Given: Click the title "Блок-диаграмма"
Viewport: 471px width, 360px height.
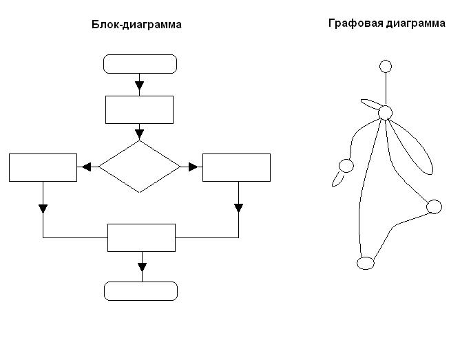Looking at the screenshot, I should click(136, 25).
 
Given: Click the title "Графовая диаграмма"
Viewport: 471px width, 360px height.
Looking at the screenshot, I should click(386, 23).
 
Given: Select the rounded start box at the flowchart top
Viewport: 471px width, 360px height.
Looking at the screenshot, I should click(140, 64).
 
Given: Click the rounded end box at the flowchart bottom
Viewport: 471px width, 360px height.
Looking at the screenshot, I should click(140, 290).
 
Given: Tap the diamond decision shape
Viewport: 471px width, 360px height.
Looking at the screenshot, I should click(139, 167).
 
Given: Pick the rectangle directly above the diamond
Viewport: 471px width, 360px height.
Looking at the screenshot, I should click(139, 109).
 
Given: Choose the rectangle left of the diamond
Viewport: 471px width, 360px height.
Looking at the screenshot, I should click(43, 167).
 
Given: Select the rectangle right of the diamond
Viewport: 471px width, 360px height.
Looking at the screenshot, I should click(236, 167).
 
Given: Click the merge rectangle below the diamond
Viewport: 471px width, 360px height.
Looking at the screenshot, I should click(141, 237).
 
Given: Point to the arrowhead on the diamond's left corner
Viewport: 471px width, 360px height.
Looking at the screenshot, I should click(87, 167).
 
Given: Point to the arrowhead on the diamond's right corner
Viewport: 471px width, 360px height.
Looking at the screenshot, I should click(192, 167).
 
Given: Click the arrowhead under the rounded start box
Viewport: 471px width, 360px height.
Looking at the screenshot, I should click(139, 86).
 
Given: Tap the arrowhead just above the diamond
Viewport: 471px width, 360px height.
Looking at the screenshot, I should click(139, 133).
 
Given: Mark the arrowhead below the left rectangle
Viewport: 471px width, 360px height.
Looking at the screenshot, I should click(43, 208).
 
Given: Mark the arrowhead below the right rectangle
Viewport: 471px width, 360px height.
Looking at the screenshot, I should click(238, 207).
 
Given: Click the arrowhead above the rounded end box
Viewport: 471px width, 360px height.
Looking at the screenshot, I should click(142, 267).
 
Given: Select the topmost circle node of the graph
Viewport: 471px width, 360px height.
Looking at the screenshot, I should click(386, 66).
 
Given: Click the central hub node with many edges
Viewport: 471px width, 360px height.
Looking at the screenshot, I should click(386, 112).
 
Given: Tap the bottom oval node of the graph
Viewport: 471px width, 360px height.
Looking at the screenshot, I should click(366, 263).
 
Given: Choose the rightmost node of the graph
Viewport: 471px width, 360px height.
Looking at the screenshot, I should click(434, 207).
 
